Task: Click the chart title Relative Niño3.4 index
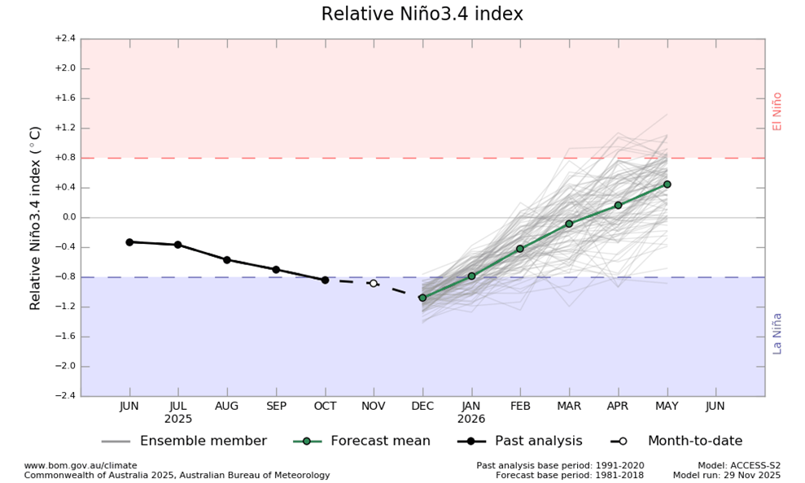pos(422,15)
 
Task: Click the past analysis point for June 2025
pos(129,241)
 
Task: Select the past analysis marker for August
pos(227,259)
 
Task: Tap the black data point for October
pos(325,280)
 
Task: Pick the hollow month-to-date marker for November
pos(374,283)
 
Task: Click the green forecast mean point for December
pos(422,298)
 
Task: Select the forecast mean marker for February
pos(520,248)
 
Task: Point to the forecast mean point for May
pos(667,185)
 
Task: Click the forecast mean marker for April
pos(618,205)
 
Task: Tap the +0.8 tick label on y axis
pos(64,158)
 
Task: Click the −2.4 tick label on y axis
pos(64,396)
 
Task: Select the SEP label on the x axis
pos(276,406)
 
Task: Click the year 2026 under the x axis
pos(471,419)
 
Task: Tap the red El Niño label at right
pos(777,111)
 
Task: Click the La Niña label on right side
pos(777,333)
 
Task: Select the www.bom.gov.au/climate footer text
pos(81,465)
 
